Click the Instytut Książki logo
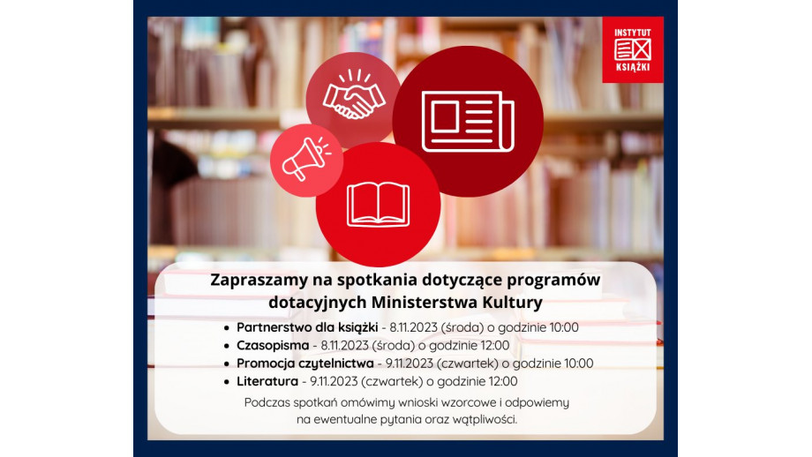pyautogui.click(x=632, y=49)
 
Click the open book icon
pyautogui.click(x=378, y=204)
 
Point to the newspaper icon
pyautogui.click(x=467, y=121)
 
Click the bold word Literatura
pyautogui.click(x=267, y=381)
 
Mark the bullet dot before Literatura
pyautogui.click(x=229, y=382)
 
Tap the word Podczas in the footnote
pyautogui.click(x=268, y=402)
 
